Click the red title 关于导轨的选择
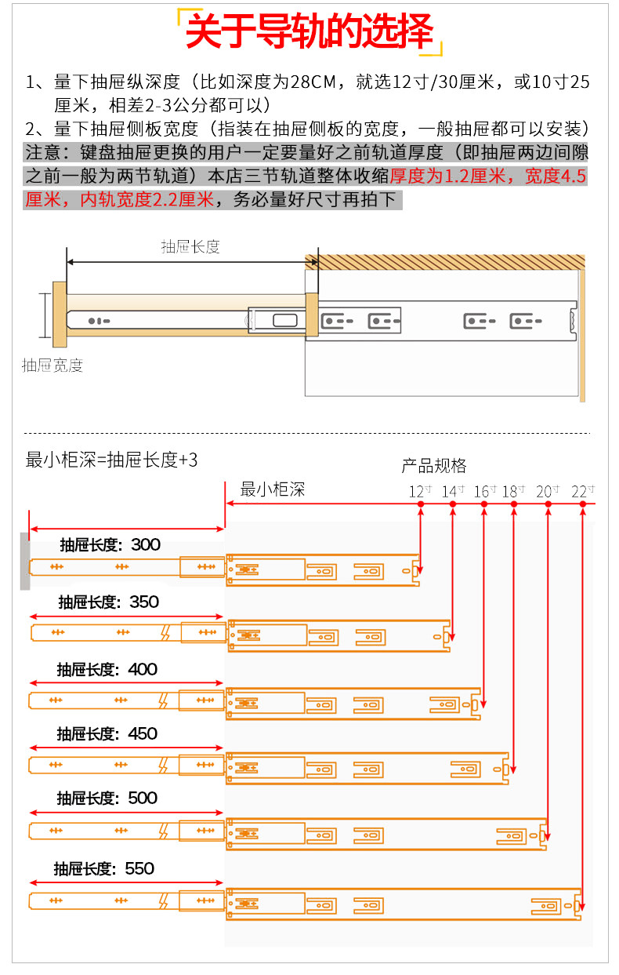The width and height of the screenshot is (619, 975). pyautogui.click(x=309, y=33)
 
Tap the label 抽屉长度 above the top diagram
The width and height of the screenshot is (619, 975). pyautogui.click(x=190, y=246)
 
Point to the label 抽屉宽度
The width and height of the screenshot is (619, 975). pyautogui.click(x=52, y=365)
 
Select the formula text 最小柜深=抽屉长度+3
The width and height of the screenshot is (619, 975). pyautogui.click(x=112, y=460)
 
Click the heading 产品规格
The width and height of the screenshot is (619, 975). pyautogui.click(x=433, y=466)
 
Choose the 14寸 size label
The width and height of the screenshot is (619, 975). pyautogui.click(x=453, y=491)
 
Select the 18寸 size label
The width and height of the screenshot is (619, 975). pyautogui.click(x=514, y=491)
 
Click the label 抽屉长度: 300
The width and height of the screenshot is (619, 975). pyautogui.click(x=110, y=544)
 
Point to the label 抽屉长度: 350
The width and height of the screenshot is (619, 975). pyautogui.click(x=108, y=602)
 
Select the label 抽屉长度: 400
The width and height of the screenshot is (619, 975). pyautogui.click(x=107, y=669)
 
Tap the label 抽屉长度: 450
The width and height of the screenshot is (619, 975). pyautogui.click(x=107, y=733)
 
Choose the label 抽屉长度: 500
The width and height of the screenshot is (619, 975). pyautogui.click(x=107, y=798)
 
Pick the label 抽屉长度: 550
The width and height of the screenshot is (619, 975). pyautogui.click(x=104, y=868)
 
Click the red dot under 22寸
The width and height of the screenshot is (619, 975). pyautogui.click(x=583, y=504)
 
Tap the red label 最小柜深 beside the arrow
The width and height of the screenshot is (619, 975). pyautogui.click(x=272, y=489)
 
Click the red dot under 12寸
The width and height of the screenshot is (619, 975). pyautogui.click(x=421, y=504)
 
